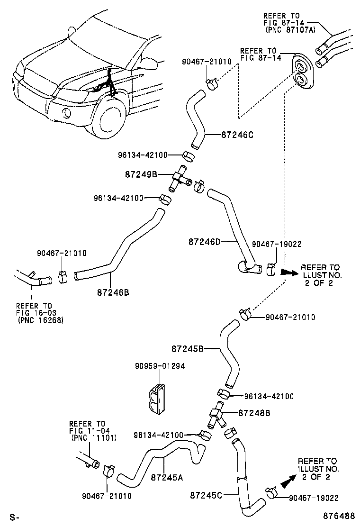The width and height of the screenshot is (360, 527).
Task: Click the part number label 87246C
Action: click(237, 135)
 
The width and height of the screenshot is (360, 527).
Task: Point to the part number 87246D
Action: click(205, 241)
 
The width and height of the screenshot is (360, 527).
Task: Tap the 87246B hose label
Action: click(113, 292)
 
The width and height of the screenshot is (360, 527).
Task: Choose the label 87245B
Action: click(188, 348)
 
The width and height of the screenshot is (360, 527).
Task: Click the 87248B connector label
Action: click(254, 413)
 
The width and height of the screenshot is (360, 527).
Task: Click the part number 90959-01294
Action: click(160, 366)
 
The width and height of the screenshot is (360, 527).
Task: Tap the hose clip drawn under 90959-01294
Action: click(156, 399)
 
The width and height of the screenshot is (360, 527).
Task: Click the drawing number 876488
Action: click(339, 516)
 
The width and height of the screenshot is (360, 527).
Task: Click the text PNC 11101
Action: click(93, 438)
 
